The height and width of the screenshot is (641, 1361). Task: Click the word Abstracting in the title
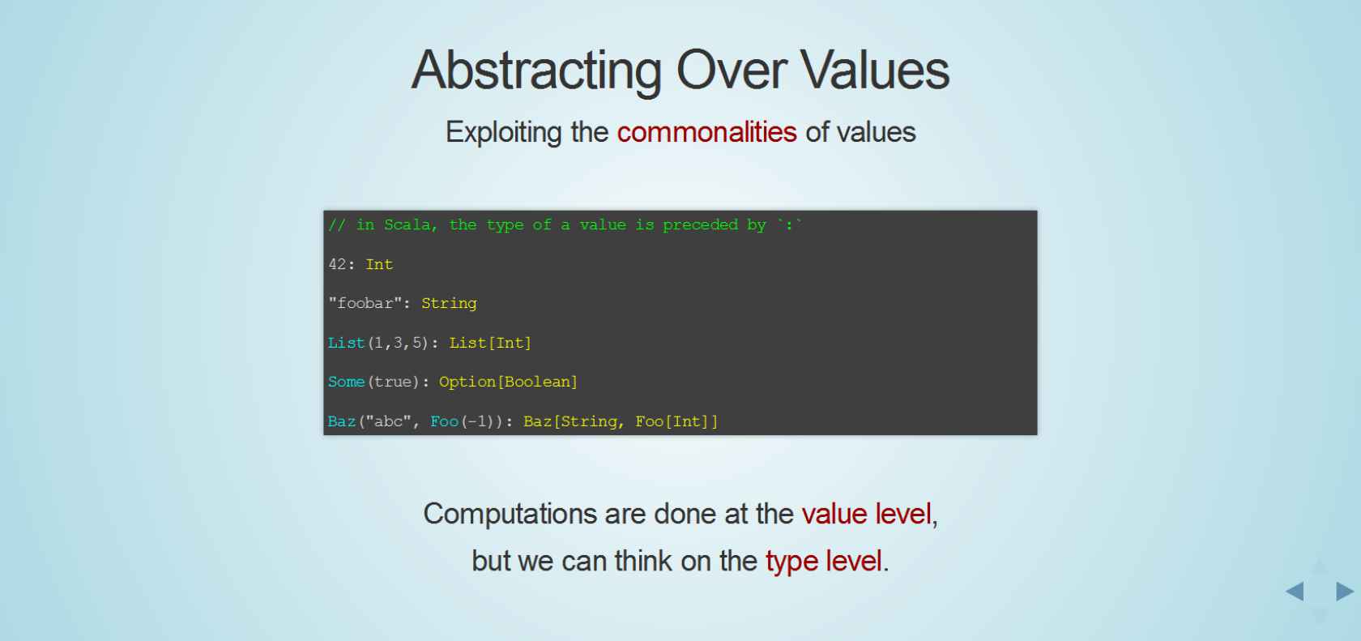[536, 71]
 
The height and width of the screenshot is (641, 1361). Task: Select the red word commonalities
[706, 132]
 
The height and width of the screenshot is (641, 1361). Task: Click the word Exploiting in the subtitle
[504, 133]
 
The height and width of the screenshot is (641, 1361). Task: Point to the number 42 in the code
[337, 264]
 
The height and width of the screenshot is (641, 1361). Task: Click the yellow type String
[449, 304]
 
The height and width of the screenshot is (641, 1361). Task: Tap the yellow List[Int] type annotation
[490, 343]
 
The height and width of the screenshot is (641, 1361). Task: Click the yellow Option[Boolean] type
[508, 382]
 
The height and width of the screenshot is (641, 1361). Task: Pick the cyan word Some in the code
[347, 382]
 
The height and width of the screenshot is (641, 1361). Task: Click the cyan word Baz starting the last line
[342, 421]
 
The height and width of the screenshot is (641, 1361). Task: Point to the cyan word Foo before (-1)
[444, 421]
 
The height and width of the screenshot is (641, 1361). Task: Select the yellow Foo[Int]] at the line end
[677, 421]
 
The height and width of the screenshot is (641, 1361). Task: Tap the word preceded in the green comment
[700, 225]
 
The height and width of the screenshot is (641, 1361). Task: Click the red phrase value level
[867, 514]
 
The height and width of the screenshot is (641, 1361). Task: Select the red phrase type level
[823, 561]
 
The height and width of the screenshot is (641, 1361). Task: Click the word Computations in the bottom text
[510, 514]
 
